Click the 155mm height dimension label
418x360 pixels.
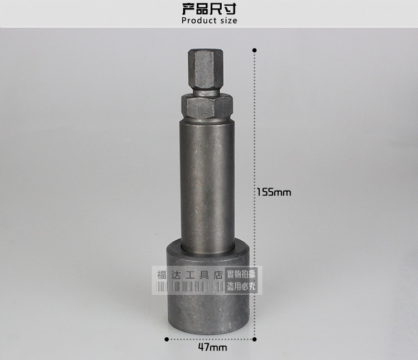pos(274,192)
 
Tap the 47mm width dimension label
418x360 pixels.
pos(212,348)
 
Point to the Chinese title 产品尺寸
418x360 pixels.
pos(209,9)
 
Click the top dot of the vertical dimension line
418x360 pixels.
pos(255,50)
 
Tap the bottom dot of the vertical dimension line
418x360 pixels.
pos(255,339)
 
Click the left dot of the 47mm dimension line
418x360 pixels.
pos(167,339)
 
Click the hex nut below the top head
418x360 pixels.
pos(207,108)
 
